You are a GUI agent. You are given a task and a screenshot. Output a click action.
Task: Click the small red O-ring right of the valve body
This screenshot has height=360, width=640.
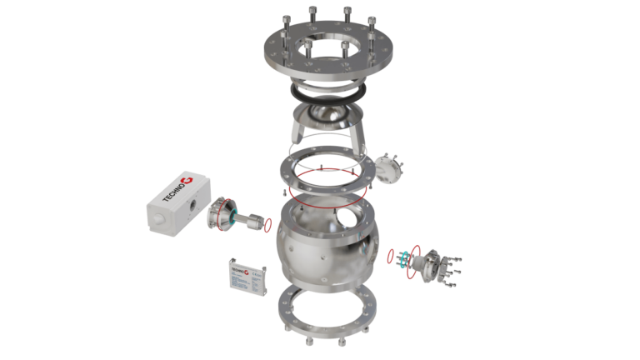click(391, 254)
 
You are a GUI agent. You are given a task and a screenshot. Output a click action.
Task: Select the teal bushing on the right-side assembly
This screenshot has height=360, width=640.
click(404, 257)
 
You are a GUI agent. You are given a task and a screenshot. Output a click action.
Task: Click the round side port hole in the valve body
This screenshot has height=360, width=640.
click(342, 222)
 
